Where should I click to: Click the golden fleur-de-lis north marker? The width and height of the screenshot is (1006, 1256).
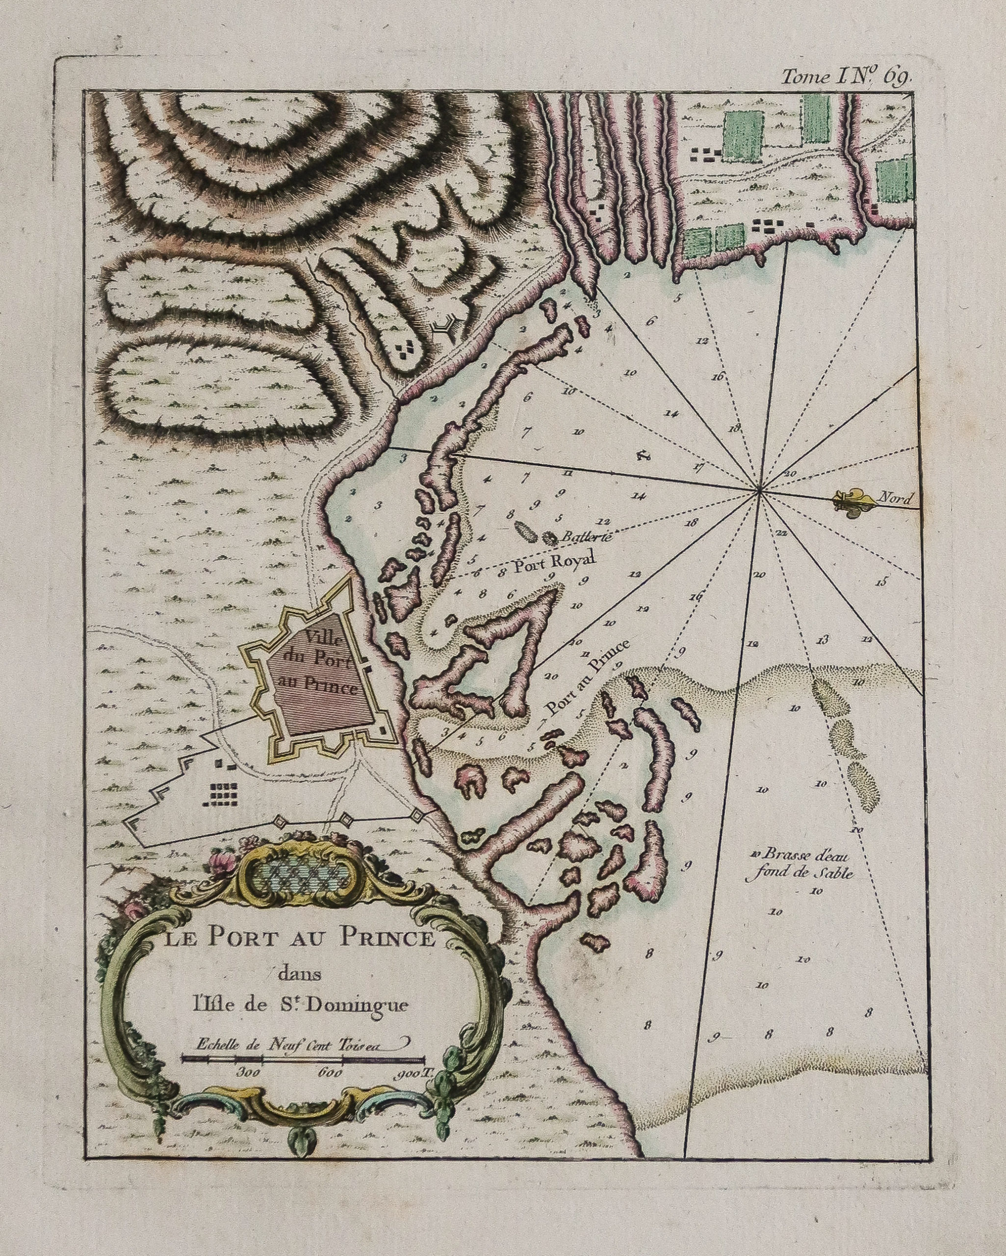[x=851, y=499]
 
